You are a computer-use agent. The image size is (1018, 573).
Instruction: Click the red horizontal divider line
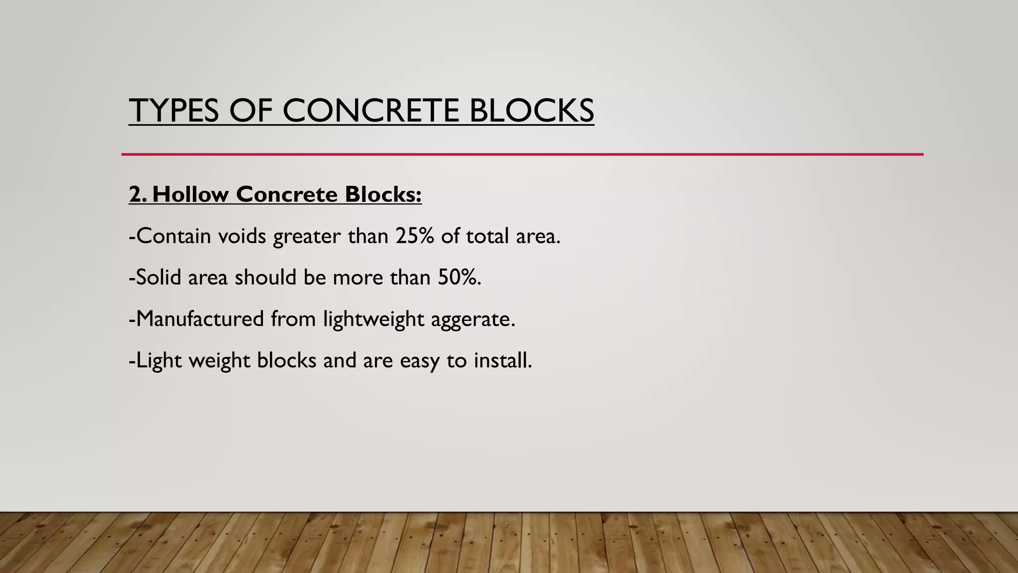522,155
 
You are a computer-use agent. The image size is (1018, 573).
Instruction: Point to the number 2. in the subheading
138,194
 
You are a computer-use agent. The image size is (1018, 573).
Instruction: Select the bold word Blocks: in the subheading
383,194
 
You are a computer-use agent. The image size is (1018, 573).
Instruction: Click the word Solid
159,277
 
